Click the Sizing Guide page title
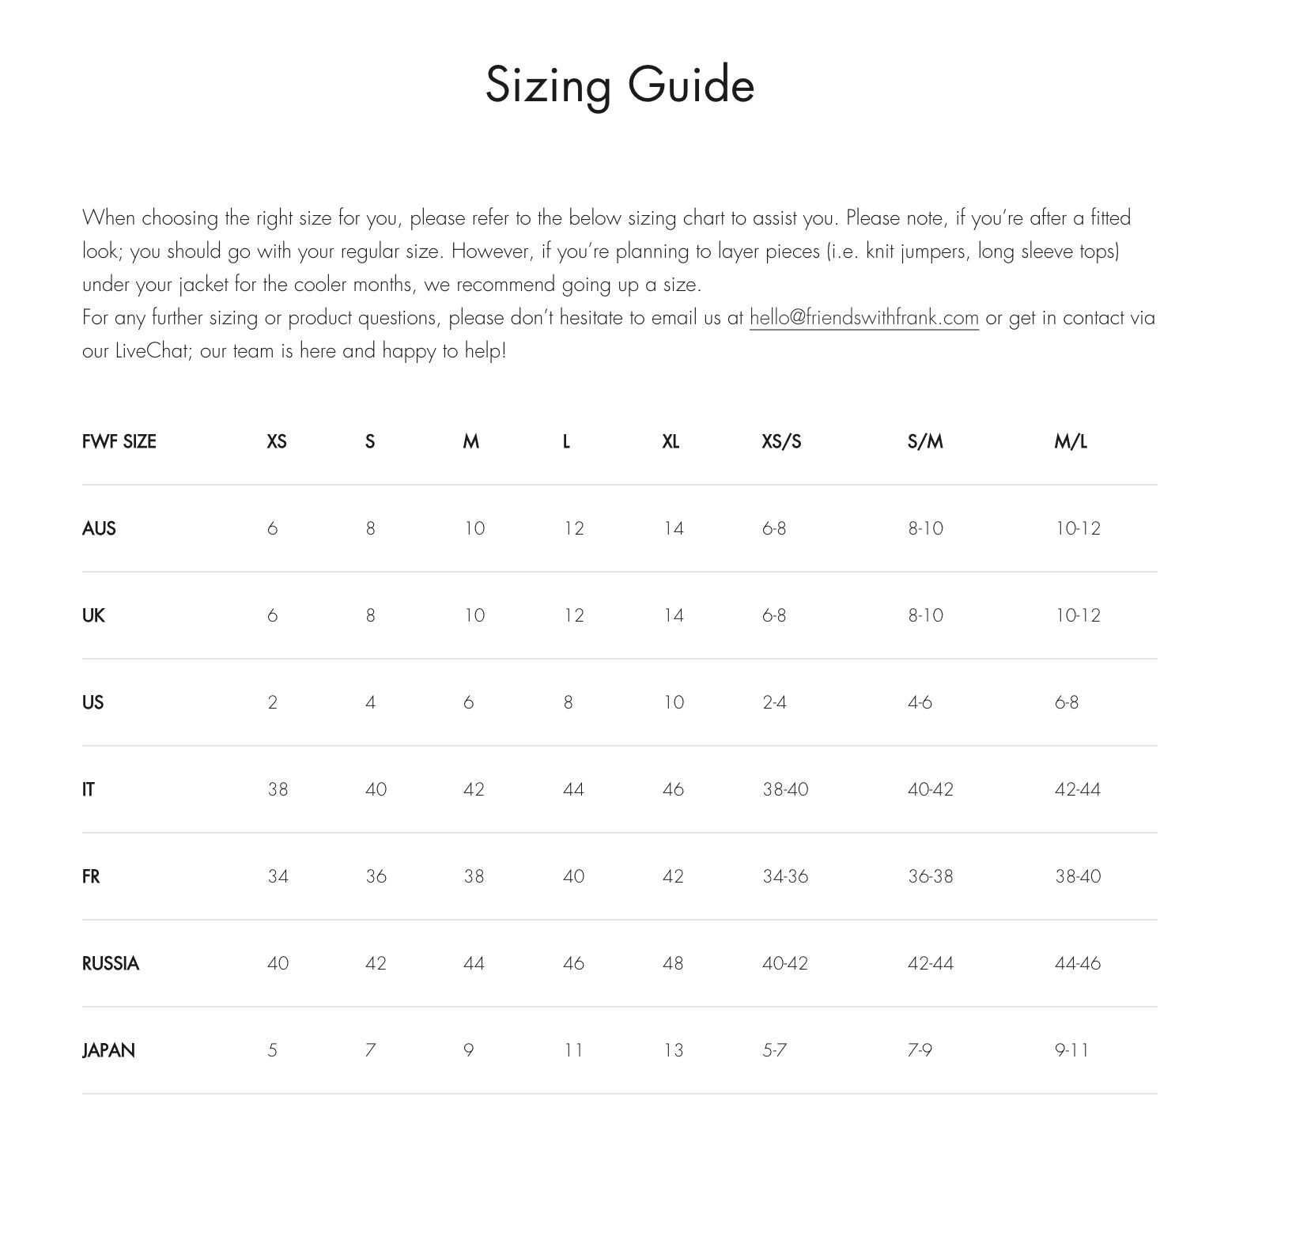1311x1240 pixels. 619,85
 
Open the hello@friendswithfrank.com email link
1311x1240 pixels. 863,318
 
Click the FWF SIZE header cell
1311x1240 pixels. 119,441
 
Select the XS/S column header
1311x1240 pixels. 781,441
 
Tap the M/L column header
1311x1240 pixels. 1070,441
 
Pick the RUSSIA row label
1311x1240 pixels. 111,963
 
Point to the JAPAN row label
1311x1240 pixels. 108,1050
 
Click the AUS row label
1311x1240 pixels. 99,528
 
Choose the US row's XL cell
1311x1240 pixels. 673,702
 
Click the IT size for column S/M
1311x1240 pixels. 930,789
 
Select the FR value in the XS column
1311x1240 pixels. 278,876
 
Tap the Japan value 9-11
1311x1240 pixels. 1071,1050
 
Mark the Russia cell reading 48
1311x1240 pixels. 673,963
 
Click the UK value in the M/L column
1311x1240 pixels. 1077,615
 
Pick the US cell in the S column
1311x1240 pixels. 370,702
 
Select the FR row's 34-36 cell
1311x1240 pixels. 784,876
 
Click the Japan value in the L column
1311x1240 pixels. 573,1050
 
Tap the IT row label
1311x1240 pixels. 89,789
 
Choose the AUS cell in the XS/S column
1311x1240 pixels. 773,528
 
